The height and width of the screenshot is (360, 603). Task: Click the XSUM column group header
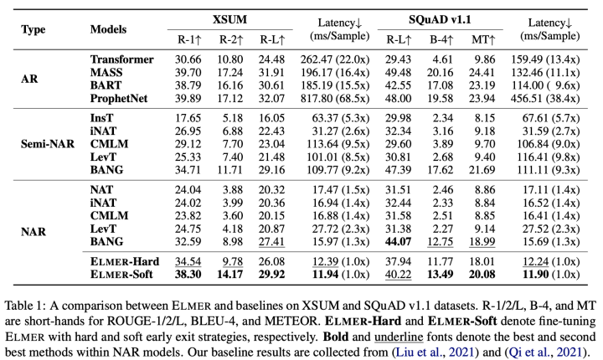224,19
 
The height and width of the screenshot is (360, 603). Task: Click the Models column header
110,28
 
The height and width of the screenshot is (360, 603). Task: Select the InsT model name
102,117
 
